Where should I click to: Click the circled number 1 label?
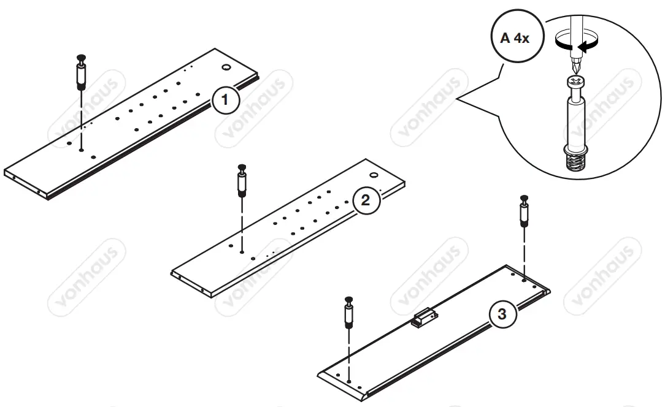pos(225,100)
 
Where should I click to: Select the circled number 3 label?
pos(502,314)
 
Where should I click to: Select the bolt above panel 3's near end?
pos(348,313)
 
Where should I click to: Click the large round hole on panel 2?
pos(375,175)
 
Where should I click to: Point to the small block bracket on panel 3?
pos(423,319)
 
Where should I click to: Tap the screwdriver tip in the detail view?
pos(575,66)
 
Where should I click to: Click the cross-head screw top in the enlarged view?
pos(575,82)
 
